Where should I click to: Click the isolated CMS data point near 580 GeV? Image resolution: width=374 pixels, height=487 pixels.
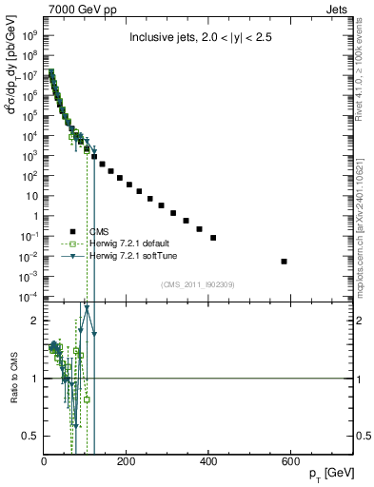[285, 261]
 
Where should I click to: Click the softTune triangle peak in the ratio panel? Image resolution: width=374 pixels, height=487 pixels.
[87, 308]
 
